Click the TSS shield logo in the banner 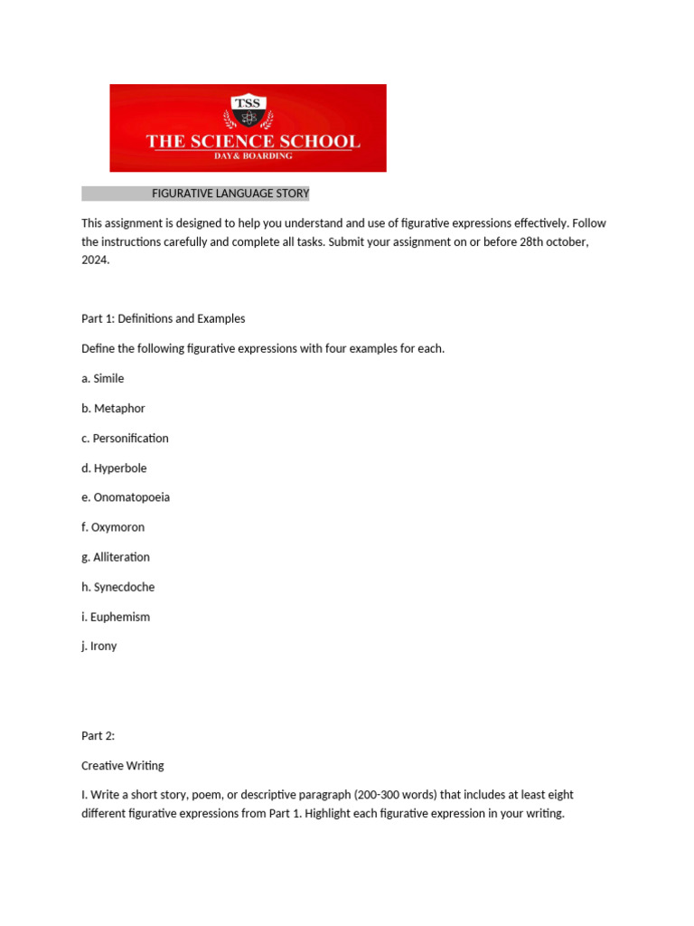pos(248,112)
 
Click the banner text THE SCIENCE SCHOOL pos(253,141)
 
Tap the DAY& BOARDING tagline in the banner pos(253,156)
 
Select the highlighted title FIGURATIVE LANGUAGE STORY pos(230,194)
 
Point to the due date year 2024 pos(95,260)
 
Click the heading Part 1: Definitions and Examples pos(164,318)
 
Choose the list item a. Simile pos(103,378)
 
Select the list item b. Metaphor pos(113,408)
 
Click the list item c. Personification pos(125,438)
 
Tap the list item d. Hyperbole pos(114,468)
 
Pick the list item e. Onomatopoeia pos(126,497)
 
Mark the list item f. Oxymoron pos(113,527)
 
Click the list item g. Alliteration pos(116,557)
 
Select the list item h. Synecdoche pos(118,587)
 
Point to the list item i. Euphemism pos(116,617)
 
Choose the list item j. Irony pos(99,647)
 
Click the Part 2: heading pos(98,735)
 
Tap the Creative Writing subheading pos(123,765)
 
